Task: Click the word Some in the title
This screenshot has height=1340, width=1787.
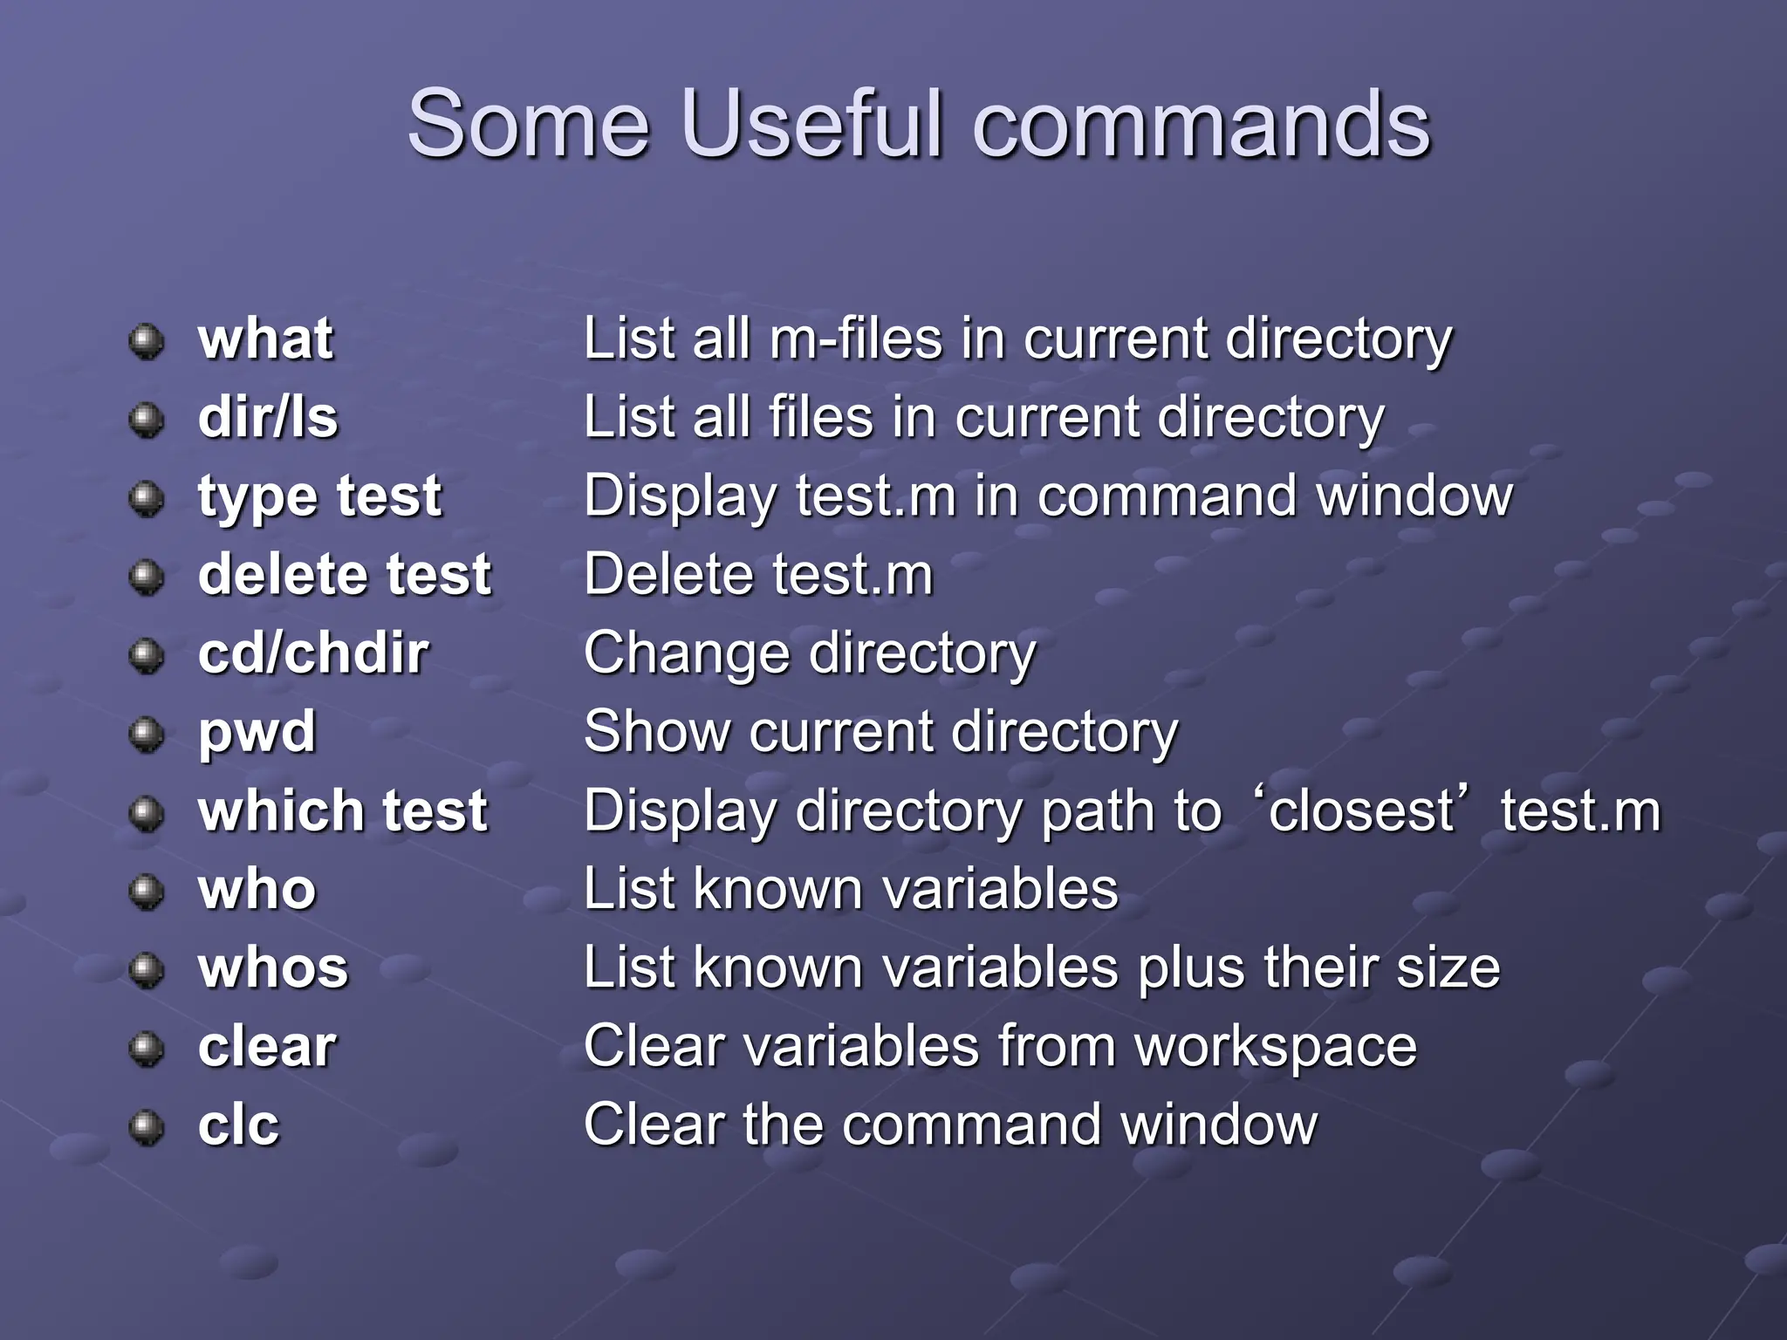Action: click(529, 124)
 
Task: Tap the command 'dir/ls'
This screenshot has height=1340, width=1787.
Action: click(268, 417)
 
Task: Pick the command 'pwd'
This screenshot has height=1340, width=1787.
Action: click(257, 733)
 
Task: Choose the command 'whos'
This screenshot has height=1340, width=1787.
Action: click(273, 967)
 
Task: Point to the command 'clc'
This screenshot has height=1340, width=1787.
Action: click(238, 1125)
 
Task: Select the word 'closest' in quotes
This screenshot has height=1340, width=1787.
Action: click(1361, 810)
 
